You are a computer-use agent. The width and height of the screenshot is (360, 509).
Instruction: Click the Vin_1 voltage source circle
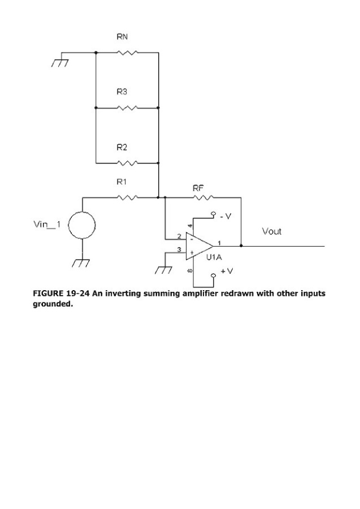82,225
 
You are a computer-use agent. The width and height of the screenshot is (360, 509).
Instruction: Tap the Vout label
271,231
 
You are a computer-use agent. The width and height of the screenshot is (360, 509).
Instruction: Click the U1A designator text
214,257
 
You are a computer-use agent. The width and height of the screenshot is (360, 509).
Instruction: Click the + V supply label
226,271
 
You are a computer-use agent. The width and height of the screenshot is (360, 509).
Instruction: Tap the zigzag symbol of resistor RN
127,53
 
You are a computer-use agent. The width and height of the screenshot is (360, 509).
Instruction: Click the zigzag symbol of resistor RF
204,197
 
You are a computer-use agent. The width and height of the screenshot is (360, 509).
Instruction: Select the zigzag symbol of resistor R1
128,197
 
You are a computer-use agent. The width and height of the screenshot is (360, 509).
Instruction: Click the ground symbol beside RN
59,61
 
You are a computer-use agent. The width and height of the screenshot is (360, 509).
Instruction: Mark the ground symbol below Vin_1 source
83,262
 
